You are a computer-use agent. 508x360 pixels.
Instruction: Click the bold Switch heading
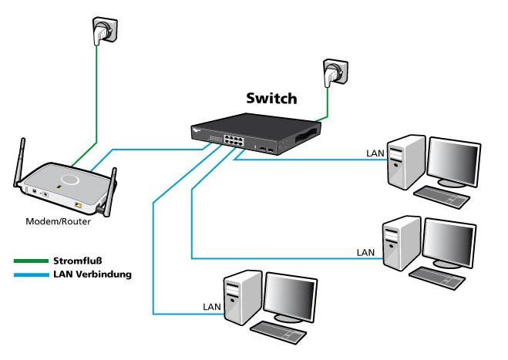(271, 99)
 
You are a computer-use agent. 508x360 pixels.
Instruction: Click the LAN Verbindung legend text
(93, 274)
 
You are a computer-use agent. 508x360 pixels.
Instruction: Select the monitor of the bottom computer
(291, 297)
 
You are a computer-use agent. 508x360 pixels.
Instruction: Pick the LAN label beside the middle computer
(365, 252)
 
